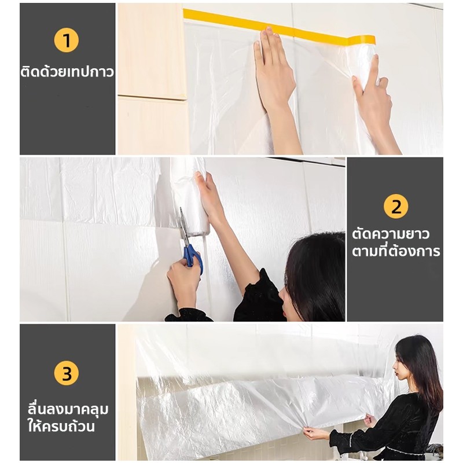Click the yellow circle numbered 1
pyautogui.click(x=67, y=40)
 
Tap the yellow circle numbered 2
pyautogui.click(x=396, y=207)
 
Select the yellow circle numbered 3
pyautogui.click(x=67, y=373)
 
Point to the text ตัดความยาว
pyautogui.click(x=390, y=234)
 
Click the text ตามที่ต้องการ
pyautogui.click(x=396, y=251)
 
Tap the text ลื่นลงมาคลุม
pyautogui.click(x=68, y=409)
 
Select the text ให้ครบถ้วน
pyautogui.click(x=61, y=426)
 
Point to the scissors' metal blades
pyautogui.click(x=183, y=226)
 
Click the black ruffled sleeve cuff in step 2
pyautogui.click(x=189, y=315)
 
